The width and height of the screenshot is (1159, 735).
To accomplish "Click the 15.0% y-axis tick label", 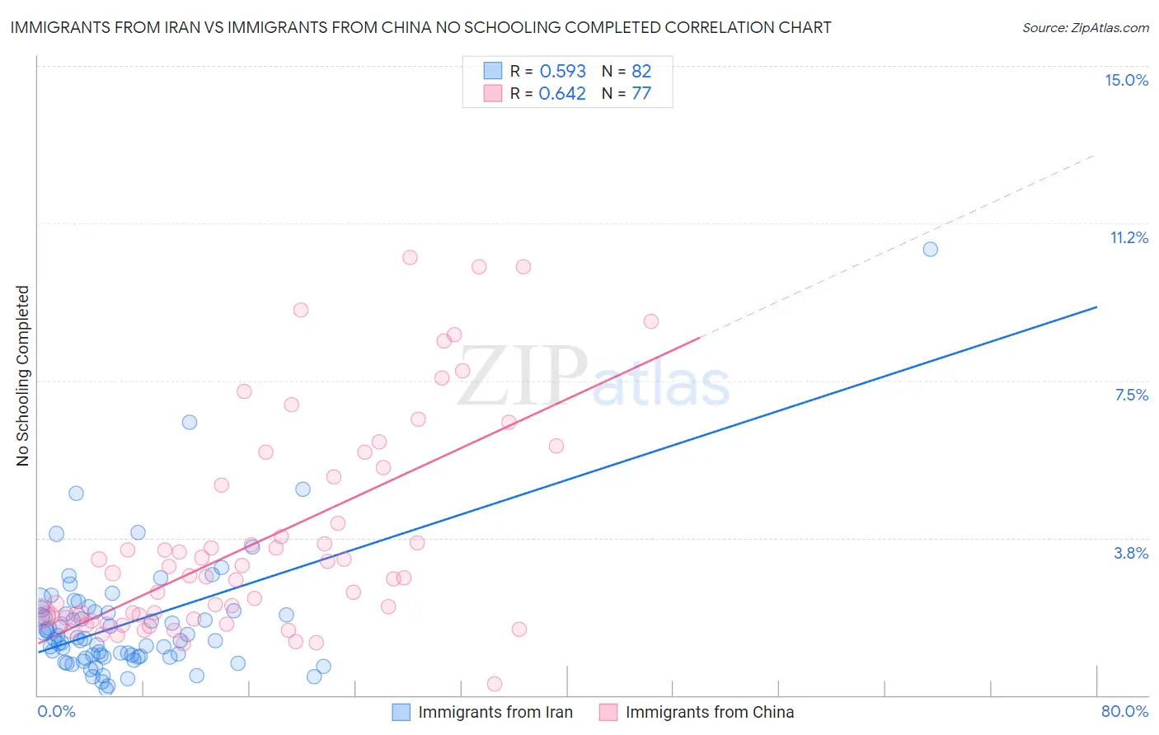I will [1126, 80].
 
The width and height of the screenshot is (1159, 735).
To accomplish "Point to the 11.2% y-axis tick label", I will [1128, 237].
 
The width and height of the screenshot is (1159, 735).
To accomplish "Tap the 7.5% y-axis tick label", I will [1131, 395].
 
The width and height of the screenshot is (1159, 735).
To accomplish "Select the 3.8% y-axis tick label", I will [1131, 553].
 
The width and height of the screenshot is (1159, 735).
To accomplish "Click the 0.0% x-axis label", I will [56, 711].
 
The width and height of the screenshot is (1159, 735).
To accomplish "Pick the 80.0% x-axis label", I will [1124, 711].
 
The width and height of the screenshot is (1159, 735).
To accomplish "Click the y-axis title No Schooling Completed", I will [22, 376].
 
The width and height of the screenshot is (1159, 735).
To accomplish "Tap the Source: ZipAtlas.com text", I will [1085, 27].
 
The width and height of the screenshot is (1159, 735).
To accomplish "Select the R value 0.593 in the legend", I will [562, 71].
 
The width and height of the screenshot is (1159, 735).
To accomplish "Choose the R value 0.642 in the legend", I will [562, 93].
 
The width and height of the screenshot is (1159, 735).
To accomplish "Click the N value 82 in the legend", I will [641, 71].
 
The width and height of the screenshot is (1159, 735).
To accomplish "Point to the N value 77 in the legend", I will [641, 93].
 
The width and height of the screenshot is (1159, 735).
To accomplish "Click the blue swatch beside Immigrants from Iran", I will [401, 712].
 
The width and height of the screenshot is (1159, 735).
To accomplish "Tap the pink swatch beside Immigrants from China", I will [608, 712].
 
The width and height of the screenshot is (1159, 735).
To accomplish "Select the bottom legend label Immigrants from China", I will [709, 712].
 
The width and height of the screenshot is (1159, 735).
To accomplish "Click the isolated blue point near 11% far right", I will [930, 249].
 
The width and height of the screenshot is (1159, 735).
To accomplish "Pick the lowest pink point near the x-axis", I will [495, 683].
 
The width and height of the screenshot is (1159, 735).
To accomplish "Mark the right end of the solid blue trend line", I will [1096, 307].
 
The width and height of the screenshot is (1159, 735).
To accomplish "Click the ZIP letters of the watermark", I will [521, 377].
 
